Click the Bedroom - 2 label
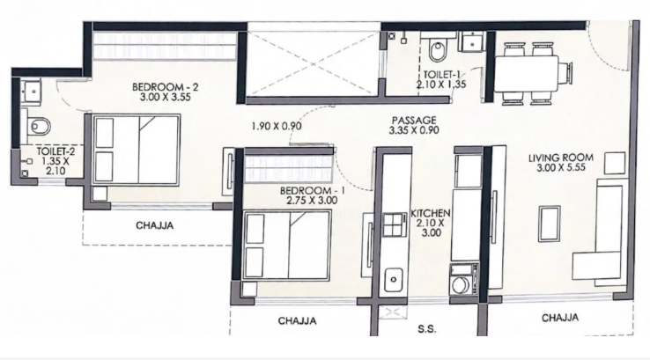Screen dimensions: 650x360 (x=166, y=87)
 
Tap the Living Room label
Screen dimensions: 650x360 (x=561, y=158)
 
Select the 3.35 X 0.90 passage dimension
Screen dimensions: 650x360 (x=414, y=130)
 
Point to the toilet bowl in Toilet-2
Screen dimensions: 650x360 (x=39, y=126)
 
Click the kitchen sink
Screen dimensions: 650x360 (x=394, y=279)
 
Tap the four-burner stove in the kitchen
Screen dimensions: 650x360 (x=395, y=225)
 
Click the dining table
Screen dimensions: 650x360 (x=527, y=75)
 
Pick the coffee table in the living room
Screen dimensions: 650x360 (x=550, y=224)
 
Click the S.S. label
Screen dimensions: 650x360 (x=426, y=329)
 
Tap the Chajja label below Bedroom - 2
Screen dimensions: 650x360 (x=155, y=226)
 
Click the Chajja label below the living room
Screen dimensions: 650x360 (x=560, y=318)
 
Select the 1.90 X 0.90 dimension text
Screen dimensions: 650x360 (x=277, y=126)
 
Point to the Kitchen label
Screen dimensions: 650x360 (x=431, y=213)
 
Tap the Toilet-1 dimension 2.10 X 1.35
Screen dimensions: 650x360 (x=441, y=84)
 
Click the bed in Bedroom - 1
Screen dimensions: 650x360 (x=287, y=245)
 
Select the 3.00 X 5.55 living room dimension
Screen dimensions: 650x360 (x=561, y=168)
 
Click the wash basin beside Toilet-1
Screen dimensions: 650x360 (x=473, y=41)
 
